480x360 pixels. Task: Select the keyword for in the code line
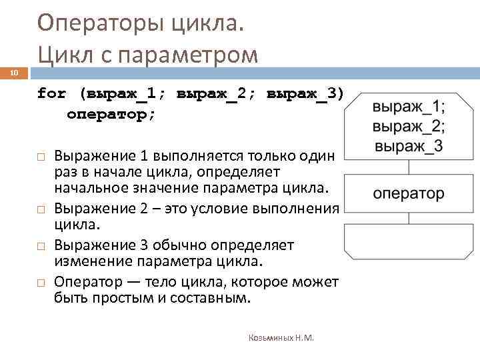tap(51, 93)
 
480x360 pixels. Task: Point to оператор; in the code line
tap(111, 114)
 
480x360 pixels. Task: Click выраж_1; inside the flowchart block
tap(409, 107)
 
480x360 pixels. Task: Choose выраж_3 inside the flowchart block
tap(409, 146)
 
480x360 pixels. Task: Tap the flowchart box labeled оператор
tap(409, 193)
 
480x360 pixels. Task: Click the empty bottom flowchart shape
tap(409, 242)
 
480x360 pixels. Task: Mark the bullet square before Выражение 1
tap(41, 156)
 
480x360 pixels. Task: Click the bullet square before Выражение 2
tap(41, 208)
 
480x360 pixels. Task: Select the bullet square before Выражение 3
tap(41, 246)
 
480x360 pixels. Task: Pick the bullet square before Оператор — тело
tap(41, 283)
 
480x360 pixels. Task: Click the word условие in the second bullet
tap(217, 208)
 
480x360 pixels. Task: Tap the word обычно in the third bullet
tap(179, 245)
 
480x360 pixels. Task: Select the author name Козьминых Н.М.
tap(281, 338)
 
